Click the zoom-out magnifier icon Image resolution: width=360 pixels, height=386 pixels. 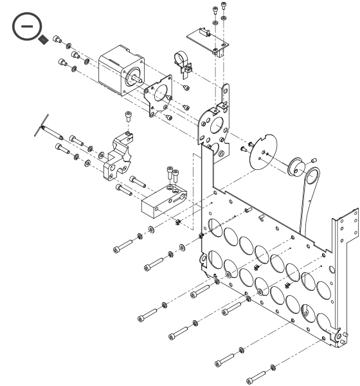(x=26, y=28)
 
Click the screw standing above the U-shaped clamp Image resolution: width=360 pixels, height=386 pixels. (x=129, y=116)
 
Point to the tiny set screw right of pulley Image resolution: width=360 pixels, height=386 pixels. (x=313, y=160)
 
